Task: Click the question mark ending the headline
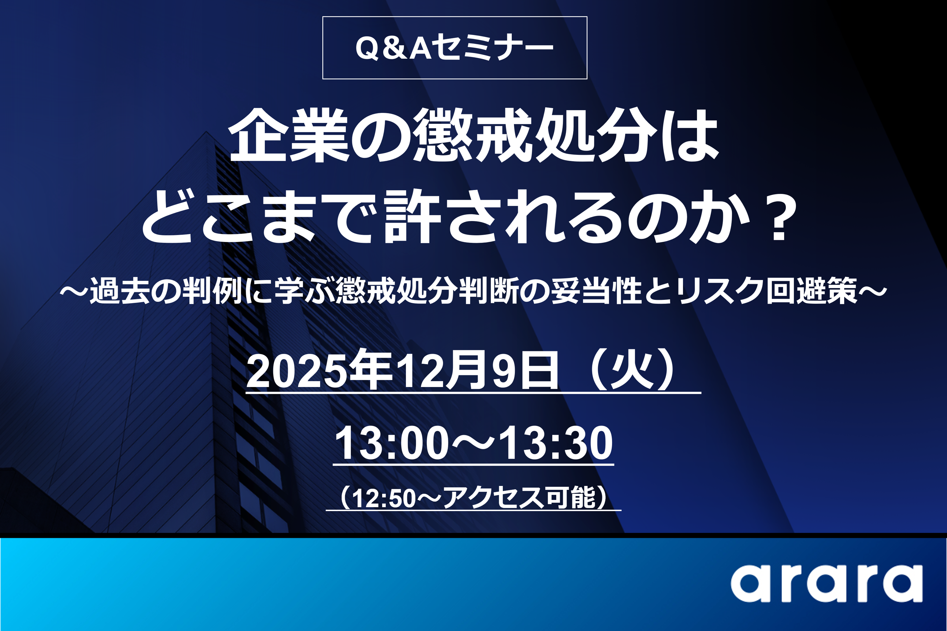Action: pyautogui.click(x=779, y=217)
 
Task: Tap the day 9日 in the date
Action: pyautogui.click(x=525, y=371)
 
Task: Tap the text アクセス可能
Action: pyautogui.click(x=519, y=498)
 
